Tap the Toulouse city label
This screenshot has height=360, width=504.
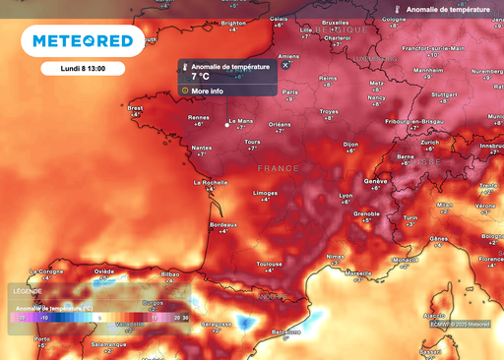[271, 264]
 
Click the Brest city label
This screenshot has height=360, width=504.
[136, 108]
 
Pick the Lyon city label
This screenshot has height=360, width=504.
[346, 195]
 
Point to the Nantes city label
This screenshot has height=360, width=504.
[201, 147]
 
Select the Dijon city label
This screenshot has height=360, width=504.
[350, 145]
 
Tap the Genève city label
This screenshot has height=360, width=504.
[375, 182]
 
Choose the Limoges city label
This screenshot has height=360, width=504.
[265, 193]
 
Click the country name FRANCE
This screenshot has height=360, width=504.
[277, 169]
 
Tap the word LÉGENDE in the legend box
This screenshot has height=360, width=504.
[28, 291]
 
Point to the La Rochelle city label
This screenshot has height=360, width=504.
[211, 182]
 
